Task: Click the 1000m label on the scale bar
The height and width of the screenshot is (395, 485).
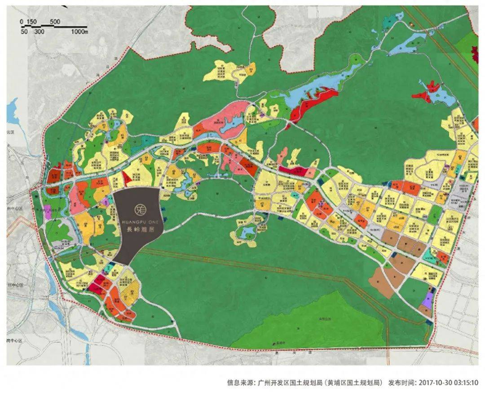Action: click(x=79, y=31)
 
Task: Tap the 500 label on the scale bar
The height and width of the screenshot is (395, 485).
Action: click(x=55, y=22)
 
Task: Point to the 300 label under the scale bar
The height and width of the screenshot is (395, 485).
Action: click(x=39, y=31)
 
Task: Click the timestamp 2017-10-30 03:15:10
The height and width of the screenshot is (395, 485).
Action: click(x=449, y=383)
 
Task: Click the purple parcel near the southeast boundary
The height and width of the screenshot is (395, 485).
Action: click(x=428, y=299)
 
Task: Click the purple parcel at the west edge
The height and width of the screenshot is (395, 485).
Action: click(x=48, y=212)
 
